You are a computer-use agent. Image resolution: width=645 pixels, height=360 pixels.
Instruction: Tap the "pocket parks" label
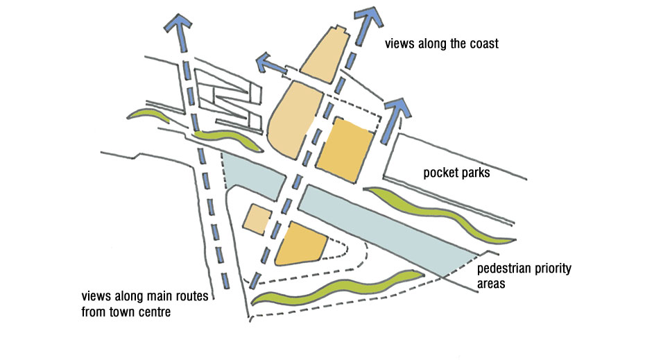(456, 173)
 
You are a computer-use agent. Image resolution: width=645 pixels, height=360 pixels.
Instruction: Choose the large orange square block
(346, 148)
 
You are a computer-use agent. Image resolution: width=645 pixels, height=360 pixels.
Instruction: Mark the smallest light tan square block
(256, 219)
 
